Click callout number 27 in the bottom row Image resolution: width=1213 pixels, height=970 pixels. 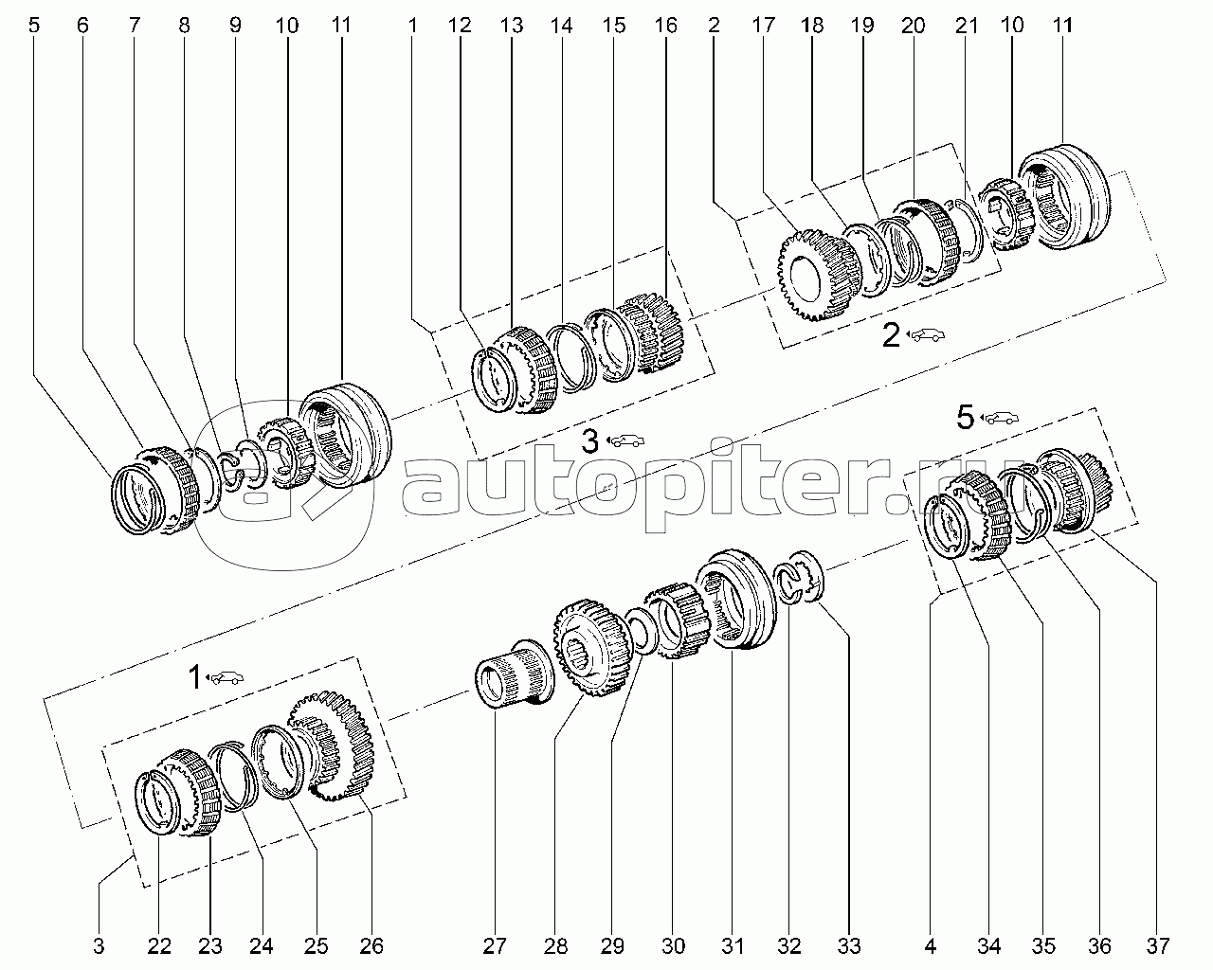click(495, 945)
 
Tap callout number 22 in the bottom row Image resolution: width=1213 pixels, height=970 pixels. click(159, 945)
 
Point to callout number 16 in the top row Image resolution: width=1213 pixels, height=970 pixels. click(666, 26)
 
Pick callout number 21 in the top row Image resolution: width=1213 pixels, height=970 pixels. click(967, 26)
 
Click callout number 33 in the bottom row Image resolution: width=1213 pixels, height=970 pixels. click(849, 945)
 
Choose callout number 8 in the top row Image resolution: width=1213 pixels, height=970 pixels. click(184, 26)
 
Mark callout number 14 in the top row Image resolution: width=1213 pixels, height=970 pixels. click(563, 26)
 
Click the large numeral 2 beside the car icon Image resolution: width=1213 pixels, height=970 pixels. click(891, 334)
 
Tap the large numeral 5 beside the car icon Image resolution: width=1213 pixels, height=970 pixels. click(965, 417)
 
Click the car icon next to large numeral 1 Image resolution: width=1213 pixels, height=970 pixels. click(224, 677)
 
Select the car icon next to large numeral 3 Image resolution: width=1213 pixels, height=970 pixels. click(625, 440)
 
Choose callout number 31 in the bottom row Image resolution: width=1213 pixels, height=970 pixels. click(732, 945)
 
